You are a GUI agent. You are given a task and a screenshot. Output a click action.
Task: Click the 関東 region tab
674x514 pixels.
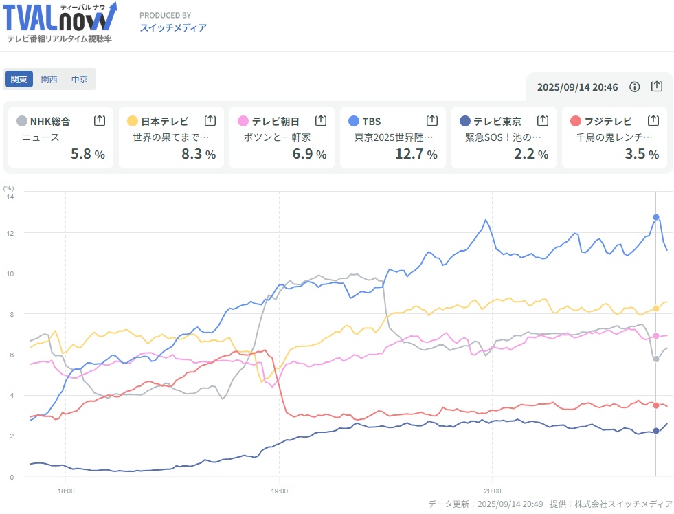pos(19,80)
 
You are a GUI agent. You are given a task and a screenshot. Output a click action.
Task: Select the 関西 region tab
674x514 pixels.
pos(49,80)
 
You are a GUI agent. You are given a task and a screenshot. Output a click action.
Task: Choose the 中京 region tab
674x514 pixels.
pos(79,80)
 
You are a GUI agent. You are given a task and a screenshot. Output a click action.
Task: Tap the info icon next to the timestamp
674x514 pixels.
pos(634,87)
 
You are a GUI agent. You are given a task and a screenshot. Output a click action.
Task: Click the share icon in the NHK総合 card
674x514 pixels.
pos(100,120)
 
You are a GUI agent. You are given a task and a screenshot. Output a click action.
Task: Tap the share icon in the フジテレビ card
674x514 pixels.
pos(653,120)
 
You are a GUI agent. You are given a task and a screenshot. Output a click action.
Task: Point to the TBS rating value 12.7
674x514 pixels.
pos(410,154)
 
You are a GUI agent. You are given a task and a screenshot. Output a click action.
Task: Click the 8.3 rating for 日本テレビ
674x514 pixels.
pos(192,154)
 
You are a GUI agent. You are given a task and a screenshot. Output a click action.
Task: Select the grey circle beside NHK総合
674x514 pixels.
pos(22,121)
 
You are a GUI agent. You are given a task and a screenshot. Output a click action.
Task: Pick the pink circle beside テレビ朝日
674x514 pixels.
pos(243,121)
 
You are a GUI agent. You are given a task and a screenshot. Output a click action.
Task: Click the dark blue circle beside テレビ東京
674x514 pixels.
pos(464,121)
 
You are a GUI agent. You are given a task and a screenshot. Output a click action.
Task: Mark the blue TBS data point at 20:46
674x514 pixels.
pos(656,217)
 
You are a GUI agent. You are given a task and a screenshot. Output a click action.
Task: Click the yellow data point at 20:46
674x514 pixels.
pos(656,308)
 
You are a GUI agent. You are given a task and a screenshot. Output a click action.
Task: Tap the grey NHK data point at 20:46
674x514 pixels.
pos(656,359)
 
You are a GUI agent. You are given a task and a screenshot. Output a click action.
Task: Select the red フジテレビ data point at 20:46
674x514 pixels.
pos(656,405)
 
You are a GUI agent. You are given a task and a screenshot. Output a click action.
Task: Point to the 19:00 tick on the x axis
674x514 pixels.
pos(280,491)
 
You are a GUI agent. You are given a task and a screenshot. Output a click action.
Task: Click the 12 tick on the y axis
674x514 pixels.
pos(10,233)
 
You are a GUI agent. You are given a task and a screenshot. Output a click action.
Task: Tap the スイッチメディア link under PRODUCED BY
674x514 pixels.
pos(173,28)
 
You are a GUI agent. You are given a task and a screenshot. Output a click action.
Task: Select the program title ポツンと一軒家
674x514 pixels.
pos(277,137)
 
